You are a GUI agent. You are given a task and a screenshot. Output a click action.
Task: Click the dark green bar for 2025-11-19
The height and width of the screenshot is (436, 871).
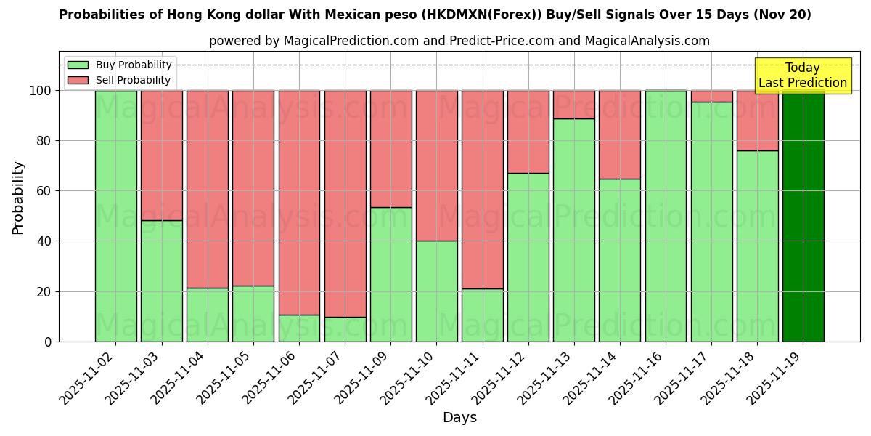(x=803, y=216)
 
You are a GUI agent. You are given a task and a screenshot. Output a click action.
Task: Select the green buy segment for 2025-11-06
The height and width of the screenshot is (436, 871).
(x=299, y=328)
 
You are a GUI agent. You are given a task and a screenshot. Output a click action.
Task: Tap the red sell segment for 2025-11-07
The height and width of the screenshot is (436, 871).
(x=345, y=203)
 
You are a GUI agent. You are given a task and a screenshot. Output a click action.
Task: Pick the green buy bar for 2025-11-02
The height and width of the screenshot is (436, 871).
(x=115, y=216)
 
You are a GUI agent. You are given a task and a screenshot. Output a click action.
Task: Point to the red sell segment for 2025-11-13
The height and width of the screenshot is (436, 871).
(x=574, y=105)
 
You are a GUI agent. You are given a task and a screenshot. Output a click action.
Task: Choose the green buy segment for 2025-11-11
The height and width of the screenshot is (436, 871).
(x=482, y=315)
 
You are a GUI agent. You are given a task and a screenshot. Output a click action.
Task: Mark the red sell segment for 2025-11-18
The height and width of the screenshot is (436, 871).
(x=757, y=121)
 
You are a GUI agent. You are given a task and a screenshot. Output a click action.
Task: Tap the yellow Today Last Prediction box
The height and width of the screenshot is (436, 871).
(x=803, y=76)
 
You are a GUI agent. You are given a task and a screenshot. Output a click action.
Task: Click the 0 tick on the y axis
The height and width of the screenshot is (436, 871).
(x=48, y=342)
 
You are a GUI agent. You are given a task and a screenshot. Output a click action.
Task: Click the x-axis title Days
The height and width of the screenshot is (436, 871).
(x=459, y=418)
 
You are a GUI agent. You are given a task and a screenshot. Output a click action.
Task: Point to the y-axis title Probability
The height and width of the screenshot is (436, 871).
(x=18, y=198)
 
